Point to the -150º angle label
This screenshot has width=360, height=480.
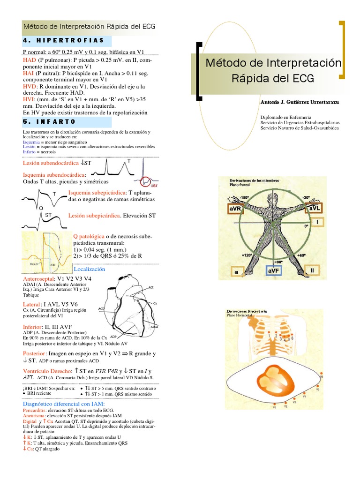244,197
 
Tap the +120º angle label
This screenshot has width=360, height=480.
247,255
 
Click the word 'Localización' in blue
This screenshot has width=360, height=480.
90,269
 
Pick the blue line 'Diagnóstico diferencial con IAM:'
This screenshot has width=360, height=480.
64,404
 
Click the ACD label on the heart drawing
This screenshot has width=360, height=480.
102,309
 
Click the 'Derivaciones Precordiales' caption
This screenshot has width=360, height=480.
247,311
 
